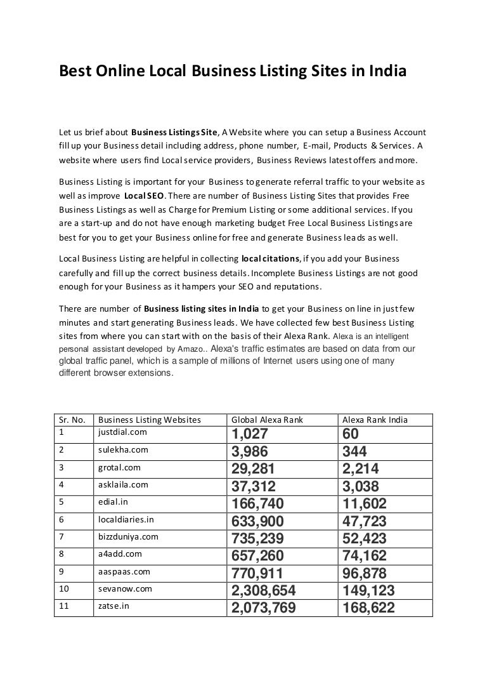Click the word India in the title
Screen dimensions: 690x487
(386, 72)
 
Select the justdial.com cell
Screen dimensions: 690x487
(123, 432)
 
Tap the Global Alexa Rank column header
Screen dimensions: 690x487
(267, 420)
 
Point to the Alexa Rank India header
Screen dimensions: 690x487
(375, 420)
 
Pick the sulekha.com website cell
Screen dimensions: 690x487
(124, 449)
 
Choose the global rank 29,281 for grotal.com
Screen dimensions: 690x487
(254, 469)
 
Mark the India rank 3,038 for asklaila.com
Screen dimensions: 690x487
(361, 487)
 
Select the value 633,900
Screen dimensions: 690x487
(258, 522)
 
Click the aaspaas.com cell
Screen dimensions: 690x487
(124, 571)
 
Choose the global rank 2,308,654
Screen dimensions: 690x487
(264, 591)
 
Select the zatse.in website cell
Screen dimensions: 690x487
(114, 606)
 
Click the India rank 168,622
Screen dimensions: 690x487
(368, 609)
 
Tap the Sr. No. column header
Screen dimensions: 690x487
(72, 420)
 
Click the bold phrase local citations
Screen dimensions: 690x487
(271, 259)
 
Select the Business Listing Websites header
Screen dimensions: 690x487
(150, 420)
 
